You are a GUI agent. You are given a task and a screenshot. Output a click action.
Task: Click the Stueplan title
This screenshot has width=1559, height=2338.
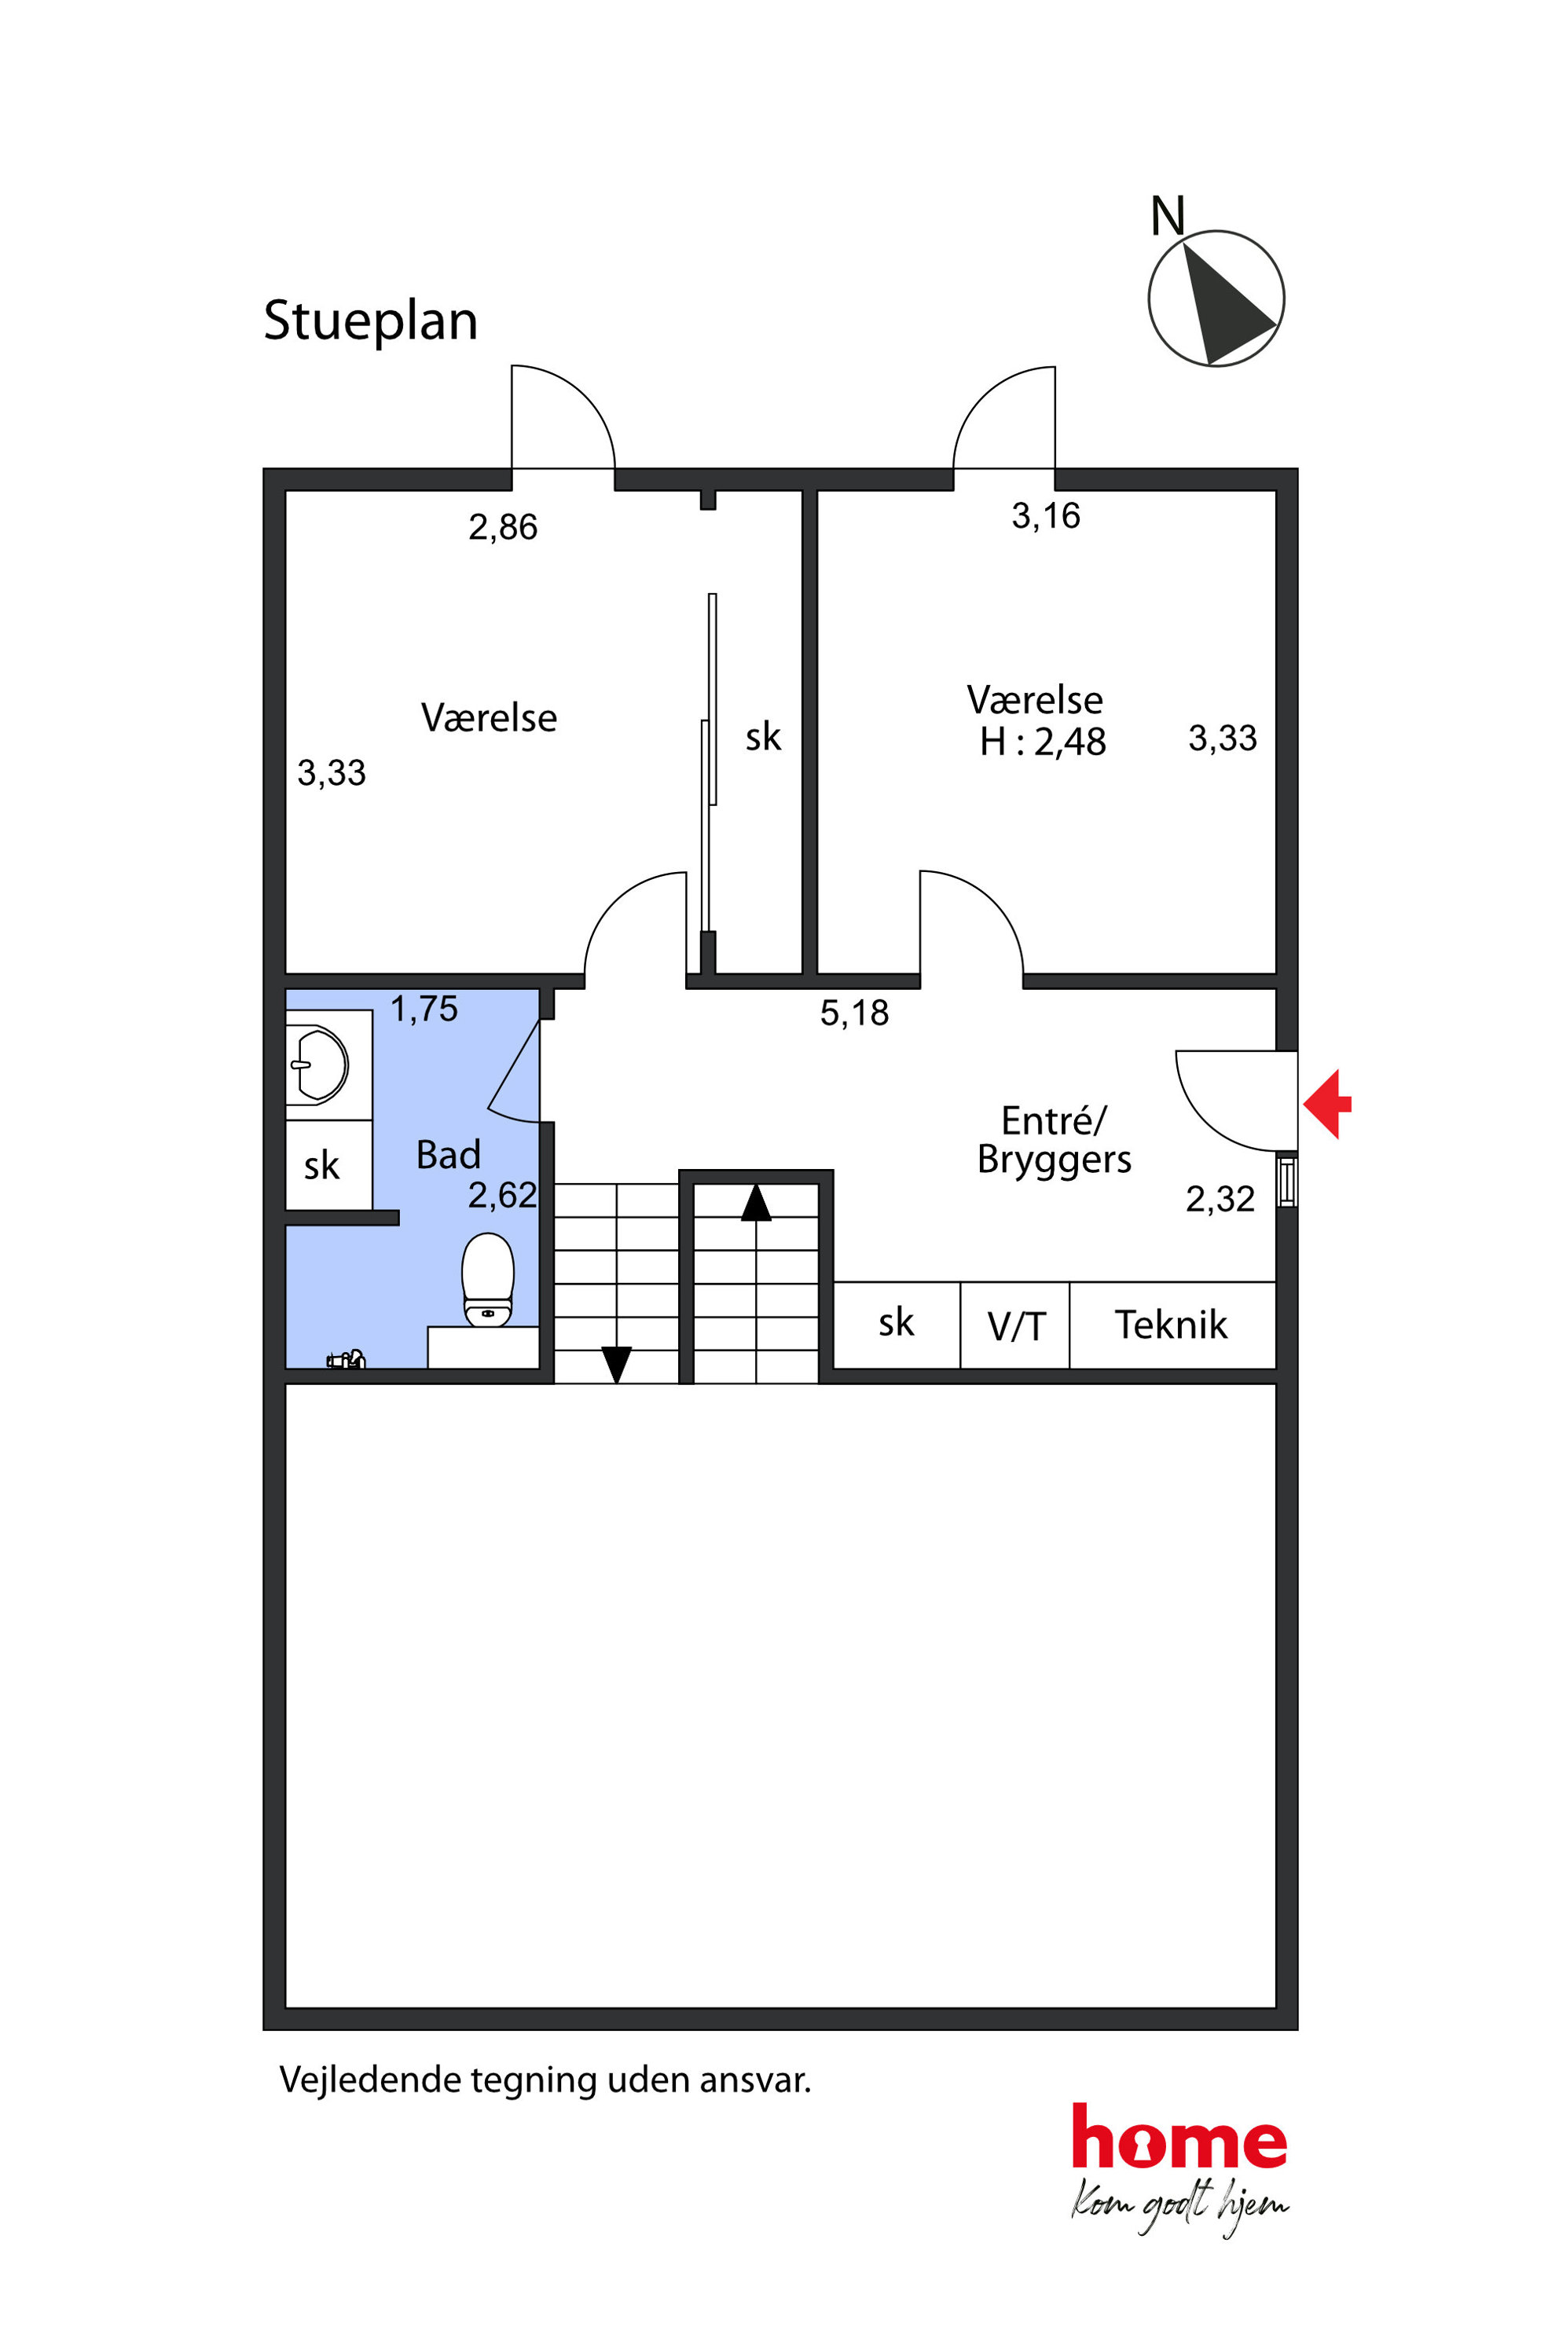(370, 322)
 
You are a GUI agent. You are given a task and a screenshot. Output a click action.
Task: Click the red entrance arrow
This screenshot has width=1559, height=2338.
(1327, 1103)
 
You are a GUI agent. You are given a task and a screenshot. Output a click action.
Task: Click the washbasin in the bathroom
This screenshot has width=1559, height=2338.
(318, 1065)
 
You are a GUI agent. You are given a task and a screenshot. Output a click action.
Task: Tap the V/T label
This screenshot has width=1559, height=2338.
(1016, 1327)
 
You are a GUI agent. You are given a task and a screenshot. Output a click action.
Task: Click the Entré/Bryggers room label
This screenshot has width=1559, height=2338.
(1054, 1140)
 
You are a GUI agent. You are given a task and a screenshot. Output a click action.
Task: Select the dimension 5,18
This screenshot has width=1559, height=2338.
(854, 1013)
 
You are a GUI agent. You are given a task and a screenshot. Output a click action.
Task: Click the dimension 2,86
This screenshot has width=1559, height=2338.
(503, 527)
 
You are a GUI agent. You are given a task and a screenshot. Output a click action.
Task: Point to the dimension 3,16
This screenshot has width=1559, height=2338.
(1046, 516)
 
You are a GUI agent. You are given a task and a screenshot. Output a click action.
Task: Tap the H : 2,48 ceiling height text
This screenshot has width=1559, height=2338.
(1042, 742)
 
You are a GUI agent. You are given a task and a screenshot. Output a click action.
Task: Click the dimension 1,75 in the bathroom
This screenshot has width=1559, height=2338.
(424, 1009)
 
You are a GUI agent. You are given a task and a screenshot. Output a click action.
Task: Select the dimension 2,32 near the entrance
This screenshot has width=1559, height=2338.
(1220, 1199)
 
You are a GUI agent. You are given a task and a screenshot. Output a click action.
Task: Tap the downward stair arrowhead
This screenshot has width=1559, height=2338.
(616, 1365)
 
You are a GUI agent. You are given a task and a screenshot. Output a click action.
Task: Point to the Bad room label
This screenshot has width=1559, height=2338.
(449, 1155)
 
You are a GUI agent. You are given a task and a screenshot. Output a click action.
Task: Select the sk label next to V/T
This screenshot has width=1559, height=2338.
(896, 1323)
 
